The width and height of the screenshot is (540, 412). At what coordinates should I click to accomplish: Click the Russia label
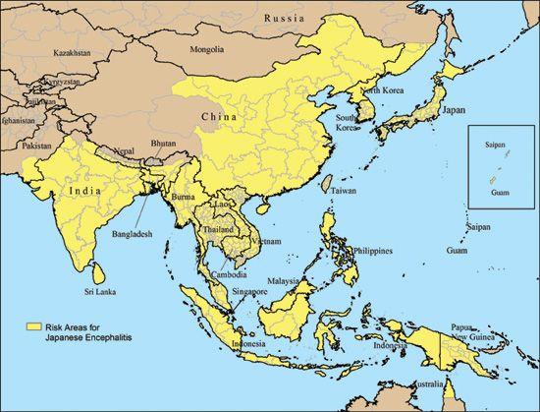(294, 18)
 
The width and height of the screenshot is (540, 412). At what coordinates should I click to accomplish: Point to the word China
(218, 118)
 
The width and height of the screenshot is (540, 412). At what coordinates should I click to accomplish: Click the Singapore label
(245, 292)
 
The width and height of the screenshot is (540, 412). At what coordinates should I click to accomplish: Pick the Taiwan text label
(343, 190)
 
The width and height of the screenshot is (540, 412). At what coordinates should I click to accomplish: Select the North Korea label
(382, 91)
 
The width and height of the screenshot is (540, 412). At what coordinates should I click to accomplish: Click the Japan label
(453, 111)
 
